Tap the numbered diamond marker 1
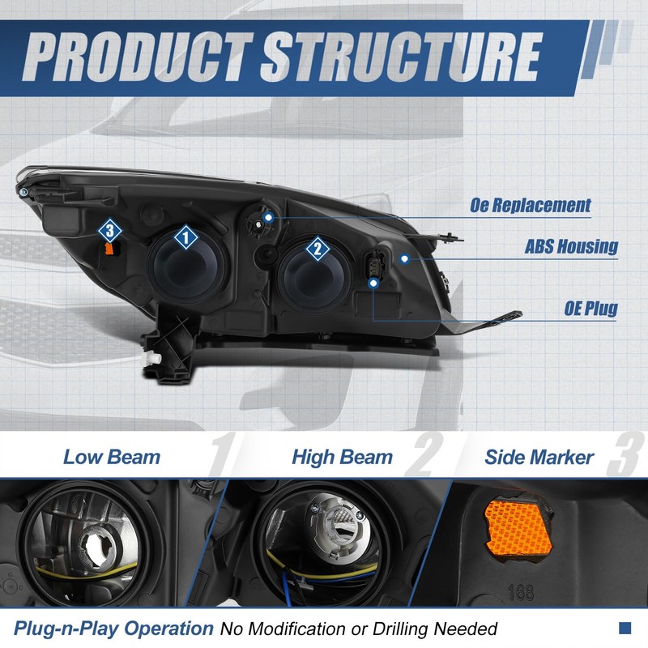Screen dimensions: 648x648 [x=185, y=237]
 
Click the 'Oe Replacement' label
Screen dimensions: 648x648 [x=531, y=206]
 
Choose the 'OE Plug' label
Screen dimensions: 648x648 [x=590, y=308]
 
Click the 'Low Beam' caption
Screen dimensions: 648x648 [x=112, y=456]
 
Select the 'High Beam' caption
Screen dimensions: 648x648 [x=342, y=457]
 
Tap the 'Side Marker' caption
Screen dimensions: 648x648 [x=539, y=457]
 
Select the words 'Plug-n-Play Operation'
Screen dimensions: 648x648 [x=113, y=628]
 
